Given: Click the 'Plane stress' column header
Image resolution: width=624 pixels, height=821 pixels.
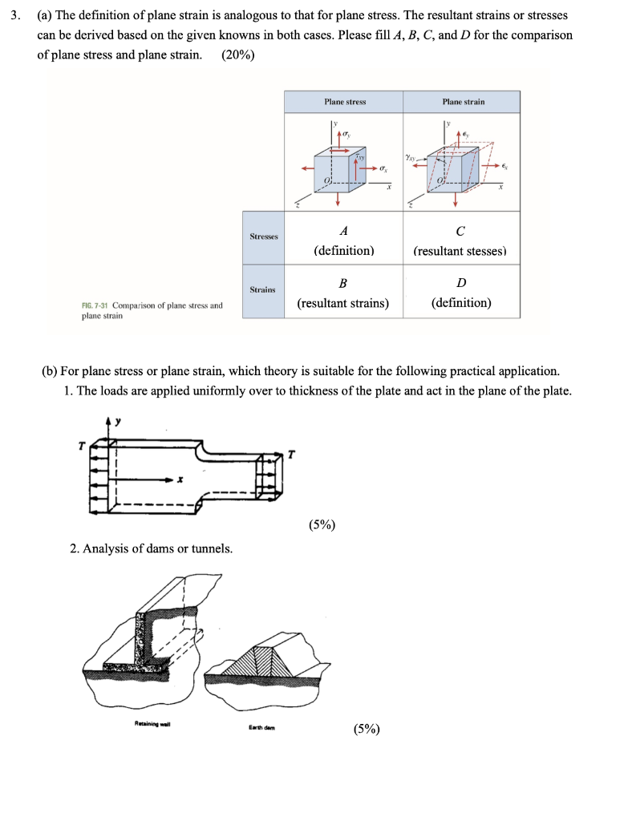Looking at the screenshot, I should click(344, 102).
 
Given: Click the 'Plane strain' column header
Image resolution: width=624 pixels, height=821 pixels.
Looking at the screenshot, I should click(463, 102).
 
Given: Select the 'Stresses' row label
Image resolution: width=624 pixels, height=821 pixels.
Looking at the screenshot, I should click(263, 237).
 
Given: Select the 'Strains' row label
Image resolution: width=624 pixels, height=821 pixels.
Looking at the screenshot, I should click(263, 289).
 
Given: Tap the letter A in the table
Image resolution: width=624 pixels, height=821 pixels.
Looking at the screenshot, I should click(343, 232).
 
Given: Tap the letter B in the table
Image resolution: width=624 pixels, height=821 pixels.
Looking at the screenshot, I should click(343, 283).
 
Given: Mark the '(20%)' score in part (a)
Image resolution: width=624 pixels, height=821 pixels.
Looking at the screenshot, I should click(237, 55).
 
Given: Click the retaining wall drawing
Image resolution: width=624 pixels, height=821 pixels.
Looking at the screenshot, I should click(152, 633).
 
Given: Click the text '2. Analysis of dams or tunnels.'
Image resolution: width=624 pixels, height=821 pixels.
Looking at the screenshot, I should click(152, 548).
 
